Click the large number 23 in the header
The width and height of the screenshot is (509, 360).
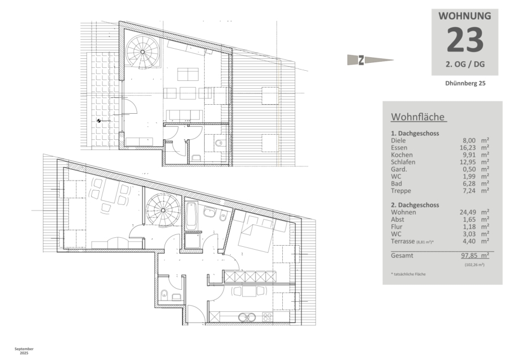[x=465, y=40]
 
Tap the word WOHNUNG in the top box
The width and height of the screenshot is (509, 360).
[x=464, y=16]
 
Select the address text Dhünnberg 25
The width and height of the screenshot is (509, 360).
[x=465, y=83]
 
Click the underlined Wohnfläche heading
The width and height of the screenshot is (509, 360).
[x=418, y=117]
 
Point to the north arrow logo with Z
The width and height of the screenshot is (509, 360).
[x=370, y=60]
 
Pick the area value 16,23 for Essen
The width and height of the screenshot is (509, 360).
[x=468, y=148]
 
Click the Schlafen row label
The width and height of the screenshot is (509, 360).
[x=403, y=162]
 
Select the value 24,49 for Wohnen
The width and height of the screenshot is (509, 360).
[x=468, y=212]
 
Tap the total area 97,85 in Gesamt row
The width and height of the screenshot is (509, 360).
[x=469, y=255]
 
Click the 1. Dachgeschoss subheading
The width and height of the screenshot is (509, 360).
[x=415, y=133]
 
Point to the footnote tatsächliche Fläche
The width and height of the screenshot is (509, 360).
[x=408, y=274]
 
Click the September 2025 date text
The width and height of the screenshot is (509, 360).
[x=24, y=351]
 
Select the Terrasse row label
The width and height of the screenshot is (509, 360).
[x=403, y=241]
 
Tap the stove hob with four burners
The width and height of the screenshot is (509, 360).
[x=268, y=317]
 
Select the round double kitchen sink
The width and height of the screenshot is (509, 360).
[x=247, y=317]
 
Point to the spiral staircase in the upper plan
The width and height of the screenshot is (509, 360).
[x=143, y=52]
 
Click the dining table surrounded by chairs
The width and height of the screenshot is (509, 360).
[x=109, y=194]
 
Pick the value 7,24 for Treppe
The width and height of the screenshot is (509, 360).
[x=469, y=191]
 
